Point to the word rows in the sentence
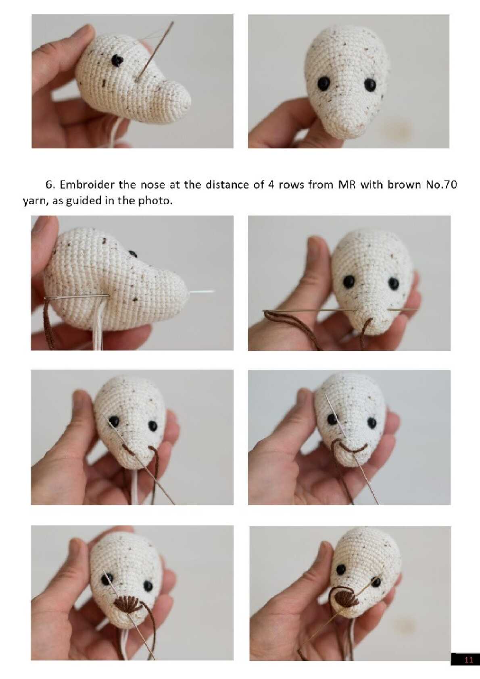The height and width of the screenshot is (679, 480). click(x=291, y=185)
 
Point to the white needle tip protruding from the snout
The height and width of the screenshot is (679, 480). click(x=202, y=291)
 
